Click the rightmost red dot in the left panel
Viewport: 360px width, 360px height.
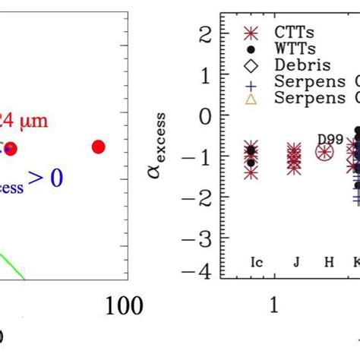click(x=98, y=147)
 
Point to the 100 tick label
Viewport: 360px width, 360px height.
click(x=123, y=305)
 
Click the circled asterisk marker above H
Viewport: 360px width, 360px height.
click(x=325, y=153)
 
